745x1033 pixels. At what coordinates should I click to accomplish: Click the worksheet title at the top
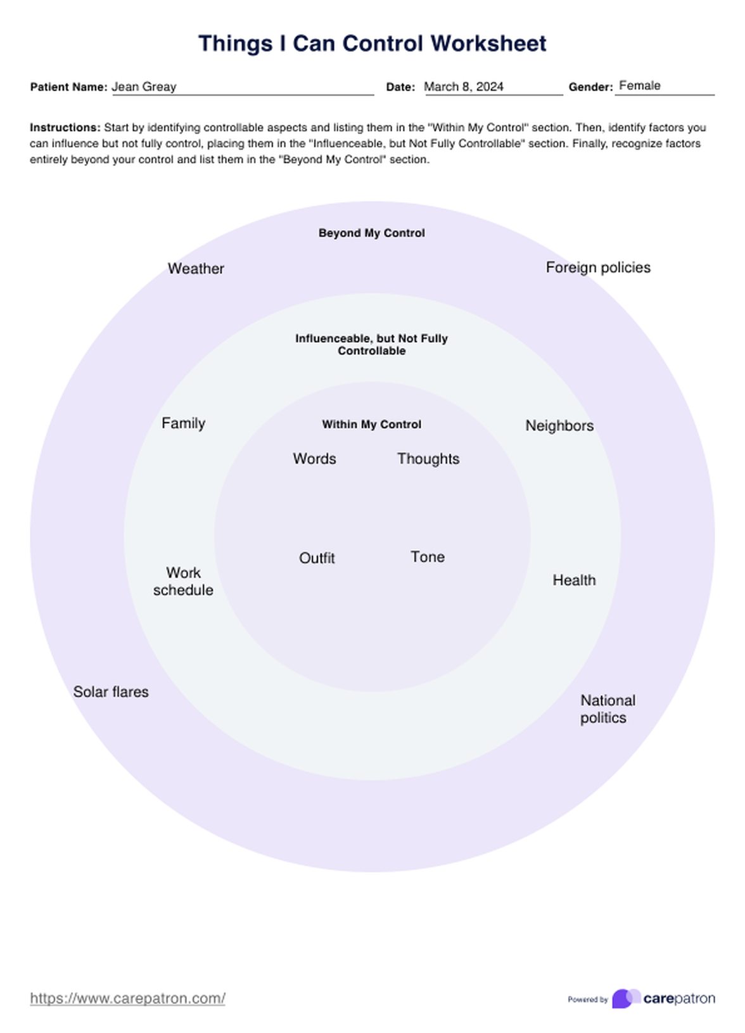pos(372,44)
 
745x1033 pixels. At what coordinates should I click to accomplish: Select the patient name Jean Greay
pos(144,87)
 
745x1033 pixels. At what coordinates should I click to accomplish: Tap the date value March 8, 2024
pos(463,87)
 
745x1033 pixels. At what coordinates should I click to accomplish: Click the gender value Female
pos(639,86)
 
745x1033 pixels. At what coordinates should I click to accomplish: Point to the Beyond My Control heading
pos(371,233)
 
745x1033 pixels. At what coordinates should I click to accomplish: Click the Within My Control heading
pos(371,425)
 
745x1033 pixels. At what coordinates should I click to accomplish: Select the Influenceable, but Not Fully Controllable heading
pos(371,344)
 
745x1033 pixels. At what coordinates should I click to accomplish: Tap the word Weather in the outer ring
pos(196,269)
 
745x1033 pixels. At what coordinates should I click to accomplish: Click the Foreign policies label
pos(597,267)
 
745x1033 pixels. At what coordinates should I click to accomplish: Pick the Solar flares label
pos(111,691)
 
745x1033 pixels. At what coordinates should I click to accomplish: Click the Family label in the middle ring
pos(183,423)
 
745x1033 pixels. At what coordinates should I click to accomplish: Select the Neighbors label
pos(559,426)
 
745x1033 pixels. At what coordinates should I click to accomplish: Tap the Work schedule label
pos(183,581)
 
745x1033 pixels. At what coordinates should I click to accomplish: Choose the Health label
pos(574,580)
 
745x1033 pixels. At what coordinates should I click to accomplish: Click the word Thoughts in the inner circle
pos(428,459)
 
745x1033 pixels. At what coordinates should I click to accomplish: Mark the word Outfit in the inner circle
pos(317,558)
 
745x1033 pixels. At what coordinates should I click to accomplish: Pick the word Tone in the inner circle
pos(428,557)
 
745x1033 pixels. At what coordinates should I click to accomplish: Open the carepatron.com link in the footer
pos(127,998)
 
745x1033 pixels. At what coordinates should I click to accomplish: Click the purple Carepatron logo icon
pos(625,998)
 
